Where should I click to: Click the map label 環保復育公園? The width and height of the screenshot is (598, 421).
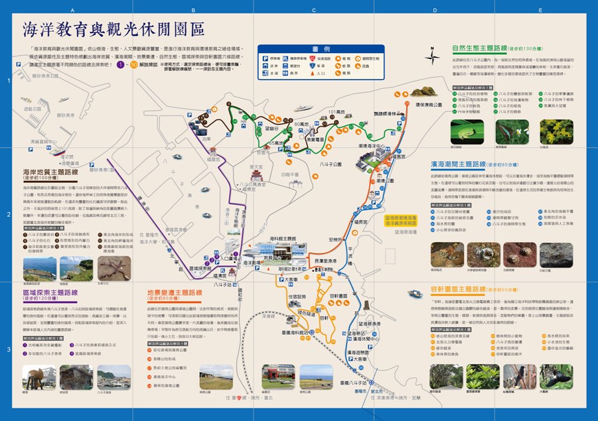pyautogui.click(x=428, y=104)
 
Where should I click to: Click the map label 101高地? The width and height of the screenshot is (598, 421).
pyautogui.click(x=336, y=111)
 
